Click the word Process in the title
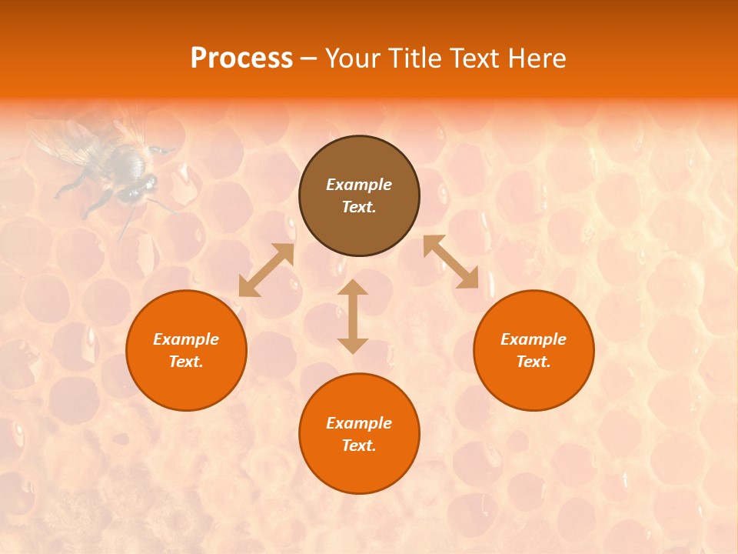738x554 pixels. point(241,58)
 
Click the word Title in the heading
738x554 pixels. point(413,58)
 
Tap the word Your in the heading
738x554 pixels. point(354,58)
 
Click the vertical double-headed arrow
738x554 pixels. point(353,316)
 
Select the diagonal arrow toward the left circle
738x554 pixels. point(266,270)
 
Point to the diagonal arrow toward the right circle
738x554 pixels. point(451,262)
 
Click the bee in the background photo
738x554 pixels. point(115,165)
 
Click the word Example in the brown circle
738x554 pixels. point(359,185)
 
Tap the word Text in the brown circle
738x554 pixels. point(359,208)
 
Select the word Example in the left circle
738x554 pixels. point(186,339)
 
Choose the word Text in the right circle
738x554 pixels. point(534,362)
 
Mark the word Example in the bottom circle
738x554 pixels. point(359,423)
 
